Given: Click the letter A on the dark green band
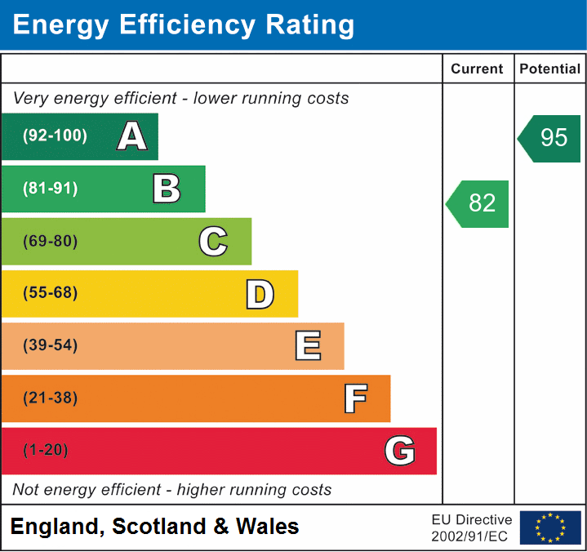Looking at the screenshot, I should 131,136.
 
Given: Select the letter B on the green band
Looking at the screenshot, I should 167,189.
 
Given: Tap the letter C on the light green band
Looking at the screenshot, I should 213,241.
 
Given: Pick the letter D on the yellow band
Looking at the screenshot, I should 260,294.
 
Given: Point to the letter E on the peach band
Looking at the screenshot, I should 308,346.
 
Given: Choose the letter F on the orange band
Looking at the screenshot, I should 355,398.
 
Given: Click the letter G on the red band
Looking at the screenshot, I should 400,451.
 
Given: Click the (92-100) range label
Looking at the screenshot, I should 56,136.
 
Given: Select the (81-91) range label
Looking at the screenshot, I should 51,189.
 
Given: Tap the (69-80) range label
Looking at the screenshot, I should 51,241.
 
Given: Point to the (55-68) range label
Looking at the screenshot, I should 51,293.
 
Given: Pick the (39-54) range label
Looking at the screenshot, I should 51,345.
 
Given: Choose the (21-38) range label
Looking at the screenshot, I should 51,398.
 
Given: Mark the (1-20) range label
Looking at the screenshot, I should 47,450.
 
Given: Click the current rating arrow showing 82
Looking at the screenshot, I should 478,203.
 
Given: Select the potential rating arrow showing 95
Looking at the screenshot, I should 550,138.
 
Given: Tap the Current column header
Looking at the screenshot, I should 478,69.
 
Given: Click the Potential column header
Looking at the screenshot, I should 550,69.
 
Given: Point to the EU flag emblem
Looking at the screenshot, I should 550,528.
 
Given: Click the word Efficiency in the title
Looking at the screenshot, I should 176,24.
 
